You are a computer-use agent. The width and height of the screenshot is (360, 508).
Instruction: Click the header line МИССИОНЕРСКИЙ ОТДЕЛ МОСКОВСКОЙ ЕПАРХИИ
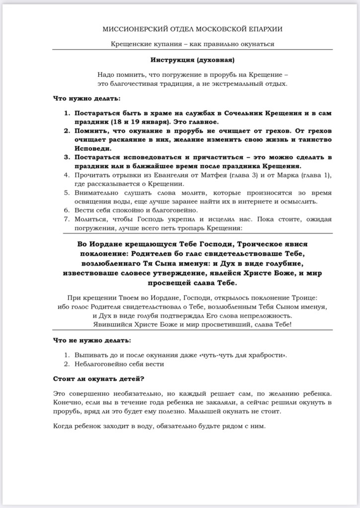coord(193,30)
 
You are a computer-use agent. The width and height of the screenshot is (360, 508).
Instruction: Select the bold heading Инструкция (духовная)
coord(192,60)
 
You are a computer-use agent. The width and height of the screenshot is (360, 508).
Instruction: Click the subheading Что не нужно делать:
coord(92,340)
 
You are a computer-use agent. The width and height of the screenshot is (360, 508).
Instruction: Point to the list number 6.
coord(67,210)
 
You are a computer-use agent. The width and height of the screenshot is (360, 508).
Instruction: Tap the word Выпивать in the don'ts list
coord(90,355)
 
